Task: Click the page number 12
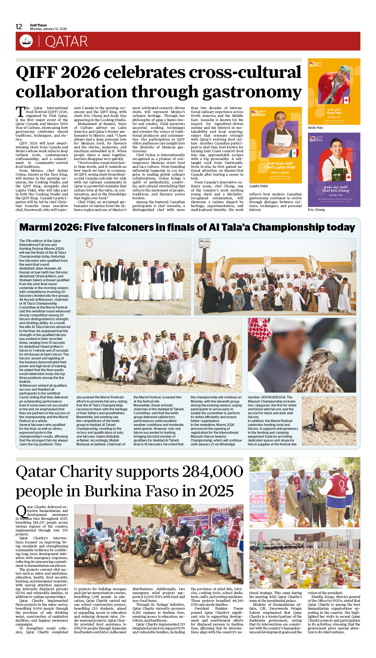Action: [19, 27]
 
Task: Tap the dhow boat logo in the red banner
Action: [26, 41]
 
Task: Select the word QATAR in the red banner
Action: [66, 42]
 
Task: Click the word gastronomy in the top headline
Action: [252, 92]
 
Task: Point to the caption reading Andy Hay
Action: [315, 128]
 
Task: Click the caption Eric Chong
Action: [316, 210]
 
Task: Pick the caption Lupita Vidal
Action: [259, 186]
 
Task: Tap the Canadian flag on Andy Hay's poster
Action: [346, 100]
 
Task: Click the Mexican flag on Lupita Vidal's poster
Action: [294, 153]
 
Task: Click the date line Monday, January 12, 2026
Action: [48, 29]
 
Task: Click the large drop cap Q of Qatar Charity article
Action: [21, 511]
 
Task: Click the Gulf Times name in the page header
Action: [38, 25]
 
